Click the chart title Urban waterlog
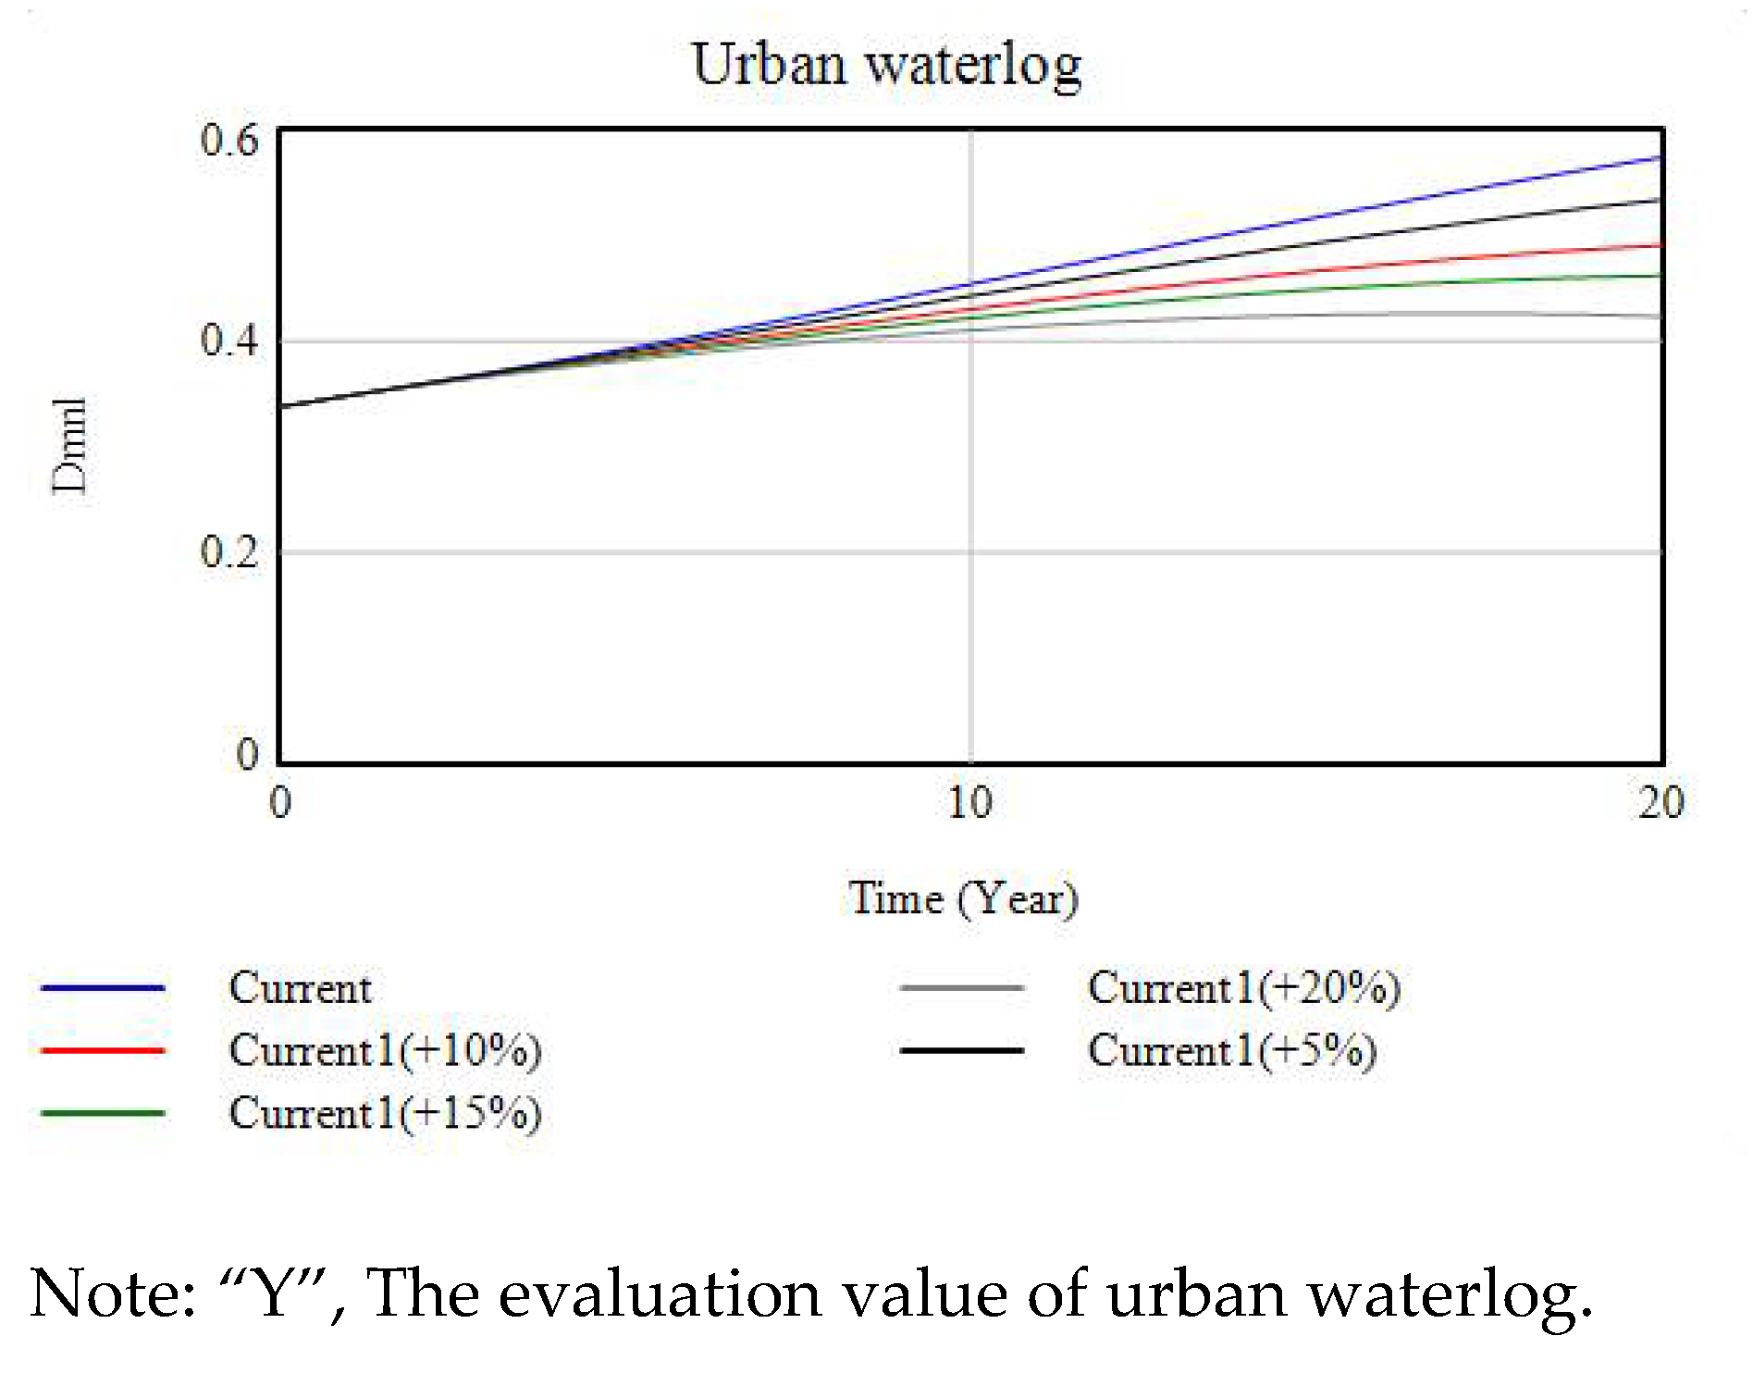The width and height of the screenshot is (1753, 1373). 886,66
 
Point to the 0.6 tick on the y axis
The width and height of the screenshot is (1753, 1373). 229,141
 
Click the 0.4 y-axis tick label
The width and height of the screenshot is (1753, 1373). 229,340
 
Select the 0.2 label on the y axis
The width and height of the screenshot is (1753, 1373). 229,551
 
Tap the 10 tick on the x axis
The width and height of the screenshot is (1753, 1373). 969,802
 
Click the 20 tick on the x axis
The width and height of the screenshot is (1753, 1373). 1660,802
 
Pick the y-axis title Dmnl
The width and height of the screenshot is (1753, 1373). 69,446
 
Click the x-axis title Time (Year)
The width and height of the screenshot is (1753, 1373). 963,898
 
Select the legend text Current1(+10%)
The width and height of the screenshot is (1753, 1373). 385,1051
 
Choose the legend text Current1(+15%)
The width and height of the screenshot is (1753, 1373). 385,1113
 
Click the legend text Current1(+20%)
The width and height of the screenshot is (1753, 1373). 1243,988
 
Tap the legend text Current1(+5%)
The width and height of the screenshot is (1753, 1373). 1231,1051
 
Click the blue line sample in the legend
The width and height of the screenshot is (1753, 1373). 103,988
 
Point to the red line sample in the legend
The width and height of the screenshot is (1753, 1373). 103,1051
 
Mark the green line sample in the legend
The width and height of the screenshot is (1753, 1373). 103,1113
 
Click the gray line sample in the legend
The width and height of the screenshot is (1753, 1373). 961,988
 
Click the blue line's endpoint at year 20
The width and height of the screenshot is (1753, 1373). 1660,158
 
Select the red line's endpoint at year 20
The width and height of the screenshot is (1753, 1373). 1660,245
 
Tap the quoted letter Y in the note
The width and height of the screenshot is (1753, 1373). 274,1293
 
